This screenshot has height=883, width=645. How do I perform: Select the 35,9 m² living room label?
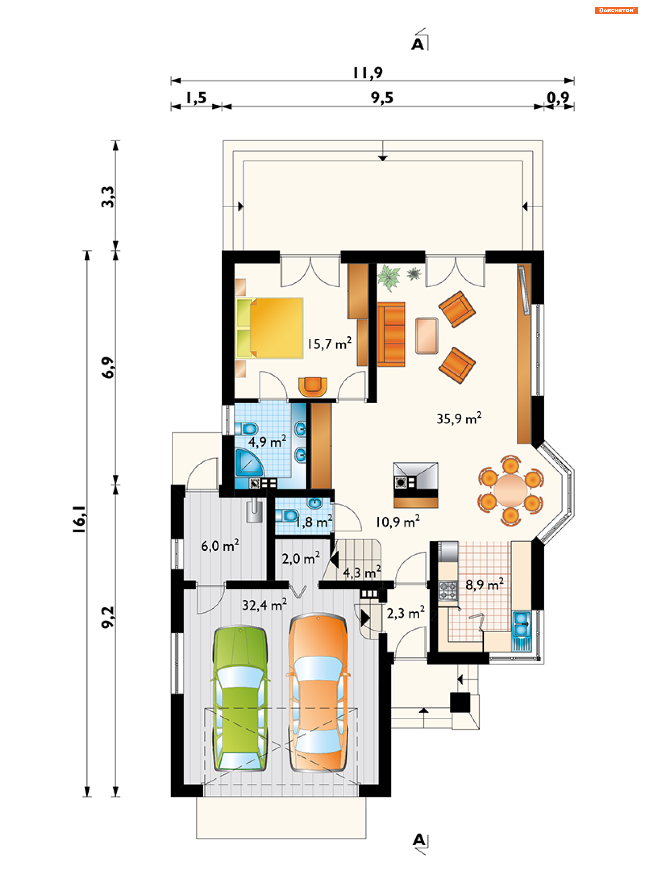point(459,418)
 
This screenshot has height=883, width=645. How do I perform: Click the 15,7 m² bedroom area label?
point(329,343)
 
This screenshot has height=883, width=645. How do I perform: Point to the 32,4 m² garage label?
point(264,604)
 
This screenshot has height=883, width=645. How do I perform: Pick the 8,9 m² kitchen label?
point(484,584)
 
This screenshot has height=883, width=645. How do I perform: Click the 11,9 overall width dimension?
point(368,73)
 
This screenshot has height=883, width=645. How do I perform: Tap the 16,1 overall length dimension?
point(79,519)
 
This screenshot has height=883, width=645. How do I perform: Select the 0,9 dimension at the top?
point(558,98)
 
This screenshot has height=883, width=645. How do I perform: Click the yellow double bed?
point(269,328)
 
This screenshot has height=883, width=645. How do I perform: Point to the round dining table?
point(510,490)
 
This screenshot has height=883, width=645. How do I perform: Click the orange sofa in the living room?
point(391,334)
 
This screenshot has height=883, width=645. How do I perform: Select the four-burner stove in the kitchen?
point(448,590)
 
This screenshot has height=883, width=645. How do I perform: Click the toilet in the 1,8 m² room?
point(287,515)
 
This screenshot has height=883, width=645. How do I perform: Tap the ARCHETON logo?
point(616,10)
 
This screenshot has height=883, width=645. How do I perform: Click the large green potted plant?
point(388,277)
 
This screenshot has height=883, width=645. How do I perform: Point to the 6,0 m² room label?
point(220,546)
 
